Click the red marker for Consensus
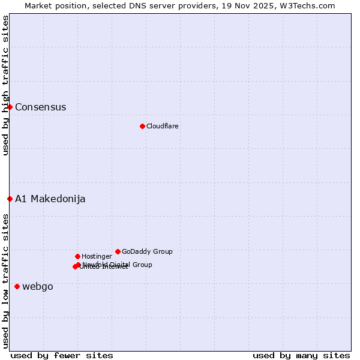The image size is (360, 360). coord(10,107)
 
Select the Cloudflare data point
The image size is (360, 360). coord(142,126)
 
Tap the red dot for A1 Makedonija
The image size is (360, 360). coord(10,199)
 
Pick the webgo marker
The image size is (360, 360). coord(17,286)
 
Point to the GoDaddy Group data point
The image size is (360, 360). coord(118,251)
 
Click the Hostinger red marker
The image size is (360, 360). coord(77,256)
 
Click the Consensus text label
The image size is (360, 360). coord(40,107)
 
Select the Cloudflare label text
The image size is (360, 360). coord(162,126)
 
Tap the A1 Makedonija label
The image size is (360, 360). coord(50,199)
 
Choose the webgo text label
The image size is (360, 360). coord(37,287)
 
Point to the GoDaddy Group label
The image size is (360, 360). coord(147,252)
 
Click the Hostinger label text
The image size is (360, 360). coord(97,257)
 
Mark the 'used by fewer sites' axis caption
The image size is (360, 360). coord(62,356)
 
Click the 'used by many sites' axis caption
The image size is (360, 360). coord(301,356)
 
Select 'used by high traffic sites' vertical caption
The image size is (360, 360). coord(6,85)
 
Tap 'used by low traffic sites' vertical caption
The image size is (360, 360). coord(6,281)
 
